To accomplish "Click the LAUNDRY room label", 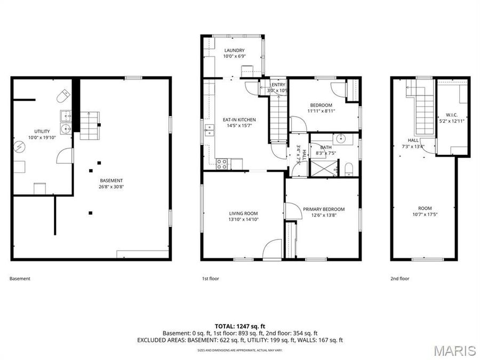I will [234, 51].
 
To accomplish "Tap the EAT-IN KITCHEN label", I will [239, 119].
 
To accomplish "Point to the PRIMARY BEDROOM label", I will [324, 209].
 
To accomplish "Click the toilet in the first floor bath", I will [349, 170].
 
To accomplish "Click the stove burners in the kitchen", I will [222, 163].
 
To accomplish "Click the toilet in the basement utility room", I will [63, 96].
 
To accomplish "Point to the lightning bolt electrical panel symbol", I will [19, 146].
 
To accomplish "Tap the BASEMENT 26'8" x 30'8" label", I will [111, 183].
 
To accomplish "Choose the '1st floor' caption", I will [210, 278].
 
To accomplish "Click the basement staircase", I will [89, 125].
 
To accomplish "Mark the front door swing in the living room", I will [273, 250].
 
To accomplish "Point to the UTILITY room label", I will [42, 131].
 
